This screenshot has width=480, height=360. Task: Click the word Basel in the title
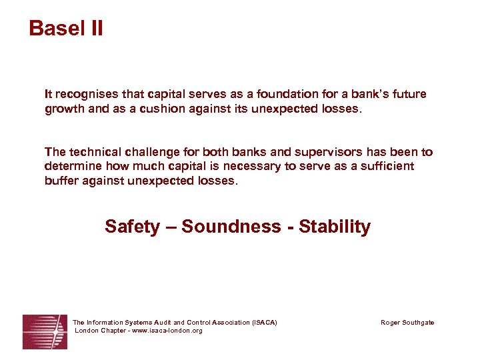click(x=55, y=28)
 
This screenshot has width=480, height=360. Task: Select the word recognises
click(x=83, y=95)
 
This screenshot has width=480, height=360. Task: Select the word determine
click(x=73, y=166)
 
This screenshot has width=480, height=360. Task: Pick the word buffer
click(x=61, y=181)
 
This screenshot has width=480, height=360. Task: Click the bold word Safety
click(x=132, y=227)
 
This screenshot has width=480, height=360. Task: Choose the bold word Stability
click(x=335, y=227)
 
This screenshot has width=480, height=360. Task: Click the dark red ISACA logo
click(x=45, y=331)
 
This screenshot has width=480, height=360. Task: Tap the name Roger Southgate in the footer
click(x=407, y=323)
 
